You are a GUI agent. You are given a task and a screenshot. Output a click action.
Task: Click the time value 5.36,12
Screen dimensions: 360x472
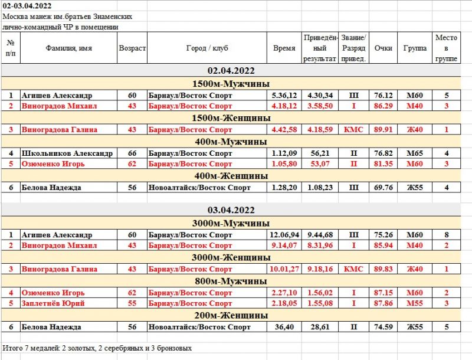(284, 95)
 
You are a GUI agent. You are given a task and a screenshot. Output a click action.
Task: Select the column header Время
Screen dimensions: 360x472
(284, 48)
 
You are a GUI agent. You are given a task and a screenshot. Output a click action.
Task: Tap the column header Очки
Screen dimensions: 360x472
(383, 48)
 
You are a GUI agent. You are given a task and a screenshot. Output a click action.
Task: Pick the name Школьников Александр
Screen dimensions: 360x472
(67, 153)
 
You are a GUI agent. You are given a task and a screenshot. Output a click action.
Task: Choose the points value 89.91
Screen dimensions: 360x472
(383, 129)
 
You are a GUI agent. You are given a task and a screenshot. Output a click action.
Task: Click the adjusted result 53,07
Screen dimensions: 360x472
(319, 163)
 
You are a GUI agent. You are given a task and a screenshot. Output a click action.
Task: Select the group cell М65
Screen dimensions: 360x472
(415, 153)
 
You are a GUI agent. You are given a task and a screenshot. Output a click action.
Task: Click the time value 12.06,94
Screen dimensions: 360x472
(284, 235)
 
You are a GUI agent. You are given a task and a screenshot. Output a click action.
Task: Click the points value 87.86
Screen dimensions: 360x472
(383, 303)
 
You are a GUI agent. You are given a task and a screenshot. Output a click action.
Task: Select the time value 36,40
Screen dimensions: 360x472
(284, 327)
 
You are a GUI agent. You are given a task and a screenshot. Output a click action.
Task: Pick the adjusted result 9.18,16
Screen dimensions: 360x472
(319, 269)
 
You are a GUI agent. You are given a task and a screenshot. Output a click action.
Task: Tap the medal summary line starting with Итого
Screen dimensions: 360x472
(97, 348)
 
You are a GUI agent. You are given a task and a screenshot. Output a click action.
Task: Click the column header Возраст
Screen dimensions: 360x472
(132, 48)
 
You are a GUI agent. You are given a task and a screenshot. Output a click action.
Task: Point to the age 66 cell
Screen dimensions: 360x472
(132, 153)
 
